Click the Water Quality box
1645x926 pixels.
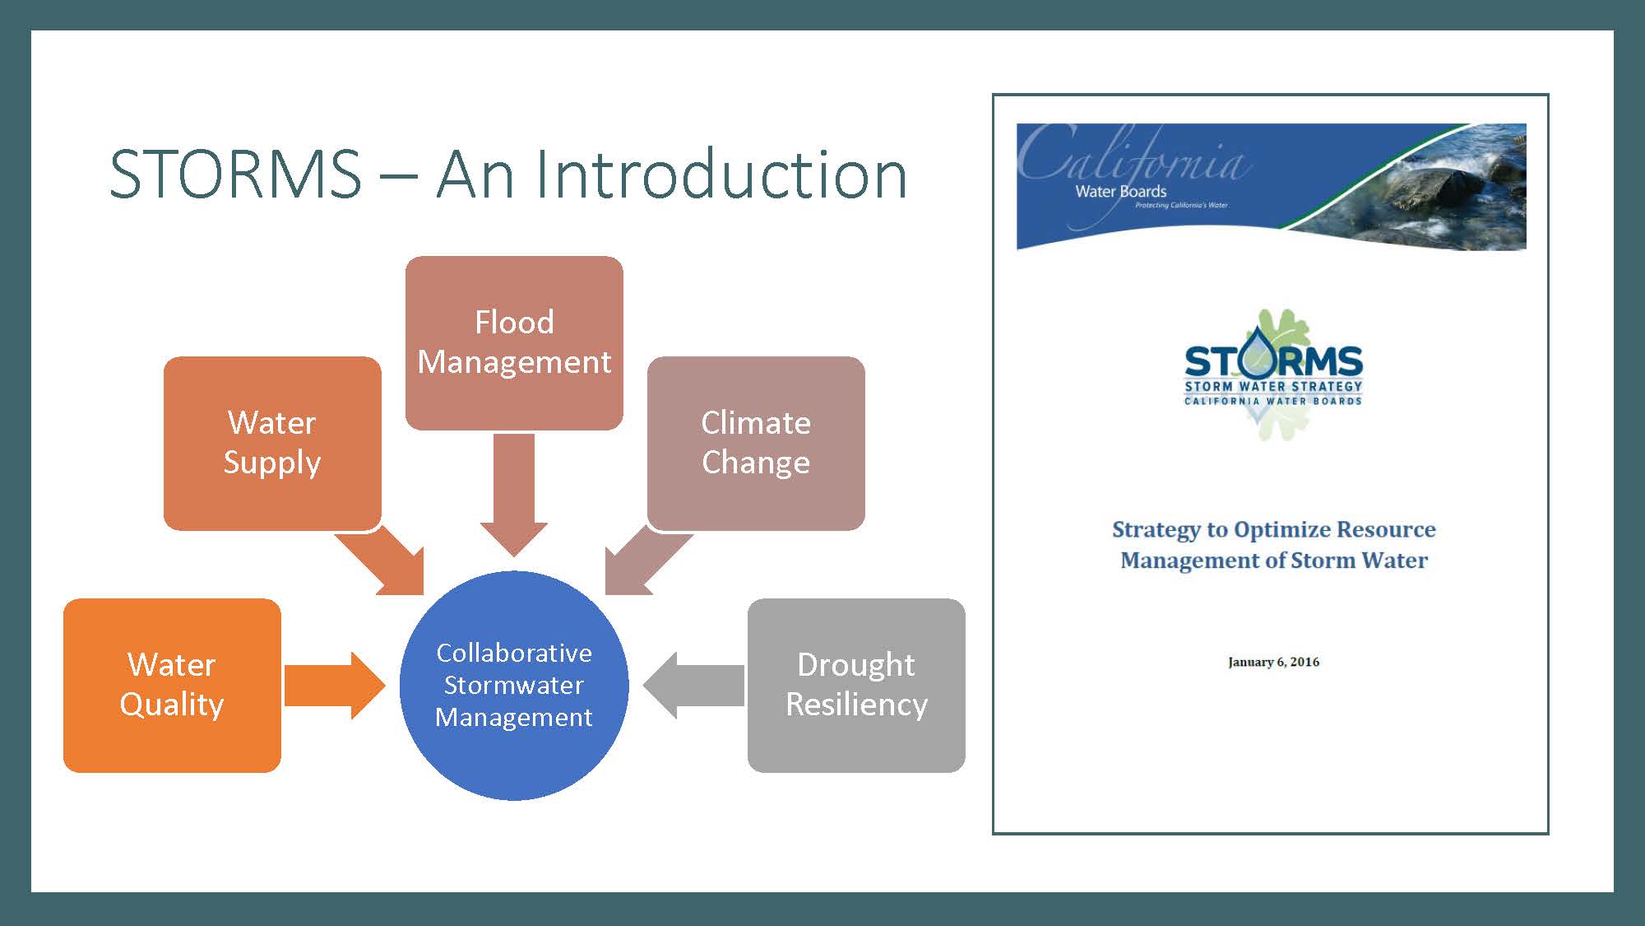pos(172,685)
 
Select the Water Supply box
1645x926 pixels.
pos(272,443)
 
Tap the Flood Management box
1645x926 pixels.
pos(514,342)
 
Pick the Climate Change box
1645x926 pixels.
pos(756,443)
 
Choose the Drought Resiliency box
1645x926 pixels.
pos(856,685)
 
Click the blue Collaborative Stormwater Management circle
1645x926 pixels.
pos(514,685)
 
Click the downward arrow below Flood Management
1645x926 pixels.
pos(514,495)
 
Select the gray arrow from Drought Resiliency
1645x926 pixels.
pos(693,685)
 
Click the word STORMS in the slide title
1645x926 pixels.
pos(235,174)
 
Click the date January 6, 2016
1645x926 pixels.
pos(1273,662)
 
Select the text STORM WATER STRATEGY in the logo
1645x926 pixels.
pos(1273,386)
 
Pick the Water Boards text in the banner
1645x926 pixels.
pos(1121,191)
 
